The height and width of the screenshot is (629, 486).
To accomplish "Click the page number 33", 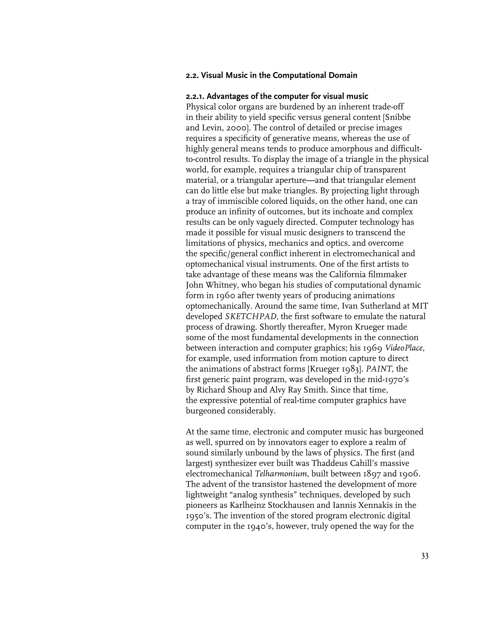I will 425,556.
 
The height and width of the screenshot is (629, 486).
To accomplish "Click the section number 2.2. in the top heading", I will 192,75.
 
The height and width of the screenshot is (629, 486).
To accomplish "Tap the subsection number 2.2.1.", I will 196,96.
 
